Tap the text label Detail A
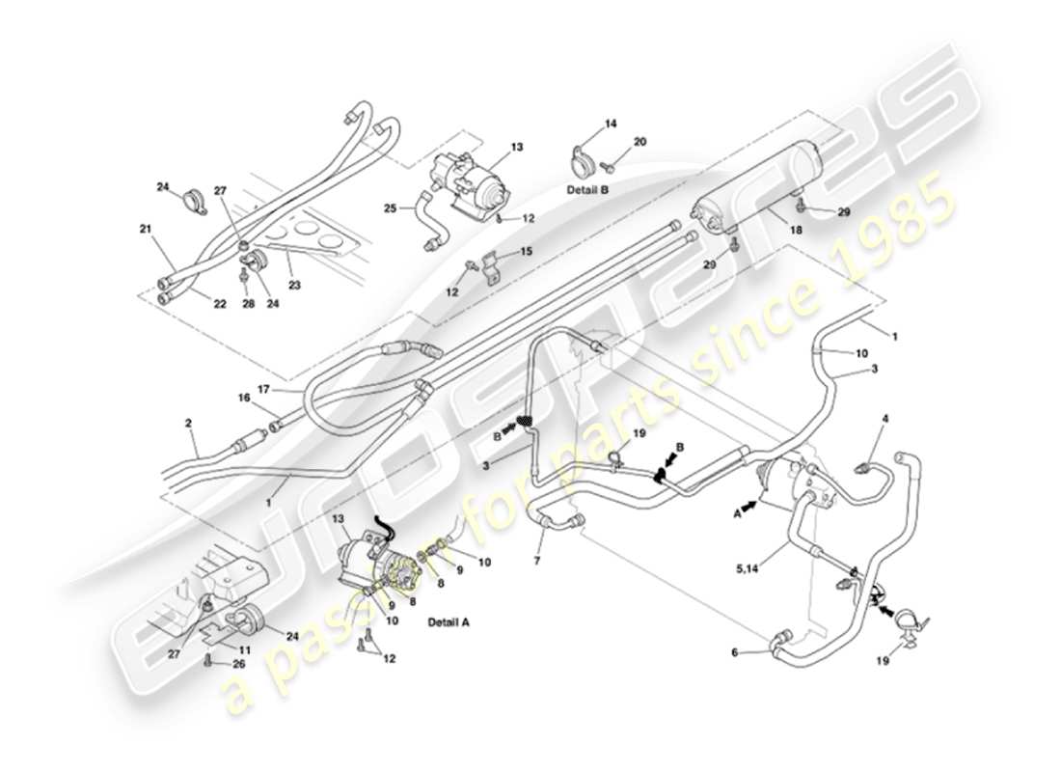[448, 622]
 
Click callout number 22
[220, 304]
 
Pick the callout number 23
[294, 285]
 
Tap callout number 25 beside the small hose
[391, 208]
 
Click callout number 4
[884, 419]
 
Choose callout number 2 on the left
[189, 423]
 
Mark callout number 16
[244, 397]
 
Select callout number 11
[245, 650]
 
